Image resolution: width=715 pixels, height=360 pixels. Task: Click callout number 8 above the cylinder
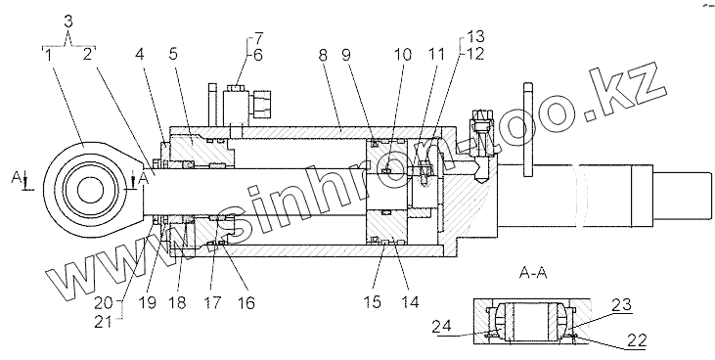click(x=323, y=55)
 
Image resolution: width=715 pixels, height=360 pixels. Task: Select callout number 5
click(x=173, y=55)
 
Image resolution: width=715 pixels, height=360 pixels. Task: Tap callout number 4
click(x=140, y=55)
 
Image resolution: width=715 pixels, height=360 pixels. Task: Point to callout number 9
click(x=346, y=55)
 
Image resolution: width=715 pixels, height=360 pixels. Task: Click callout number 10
click(x=403, y=55)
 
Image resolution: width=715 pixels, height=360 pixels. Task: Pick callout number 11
click(x=435, y=55)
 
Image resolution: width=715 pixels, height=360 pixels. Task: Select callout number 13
click(x=474, y=37)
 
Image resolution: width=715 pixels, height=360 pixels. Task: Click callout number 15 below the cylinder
click(x=373, y=302)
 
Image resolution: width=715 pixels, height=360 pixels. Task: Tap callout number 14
click(x=410, y=302)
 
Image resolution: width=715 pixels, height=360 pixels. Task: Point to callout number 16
click(x=246, y=303)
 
